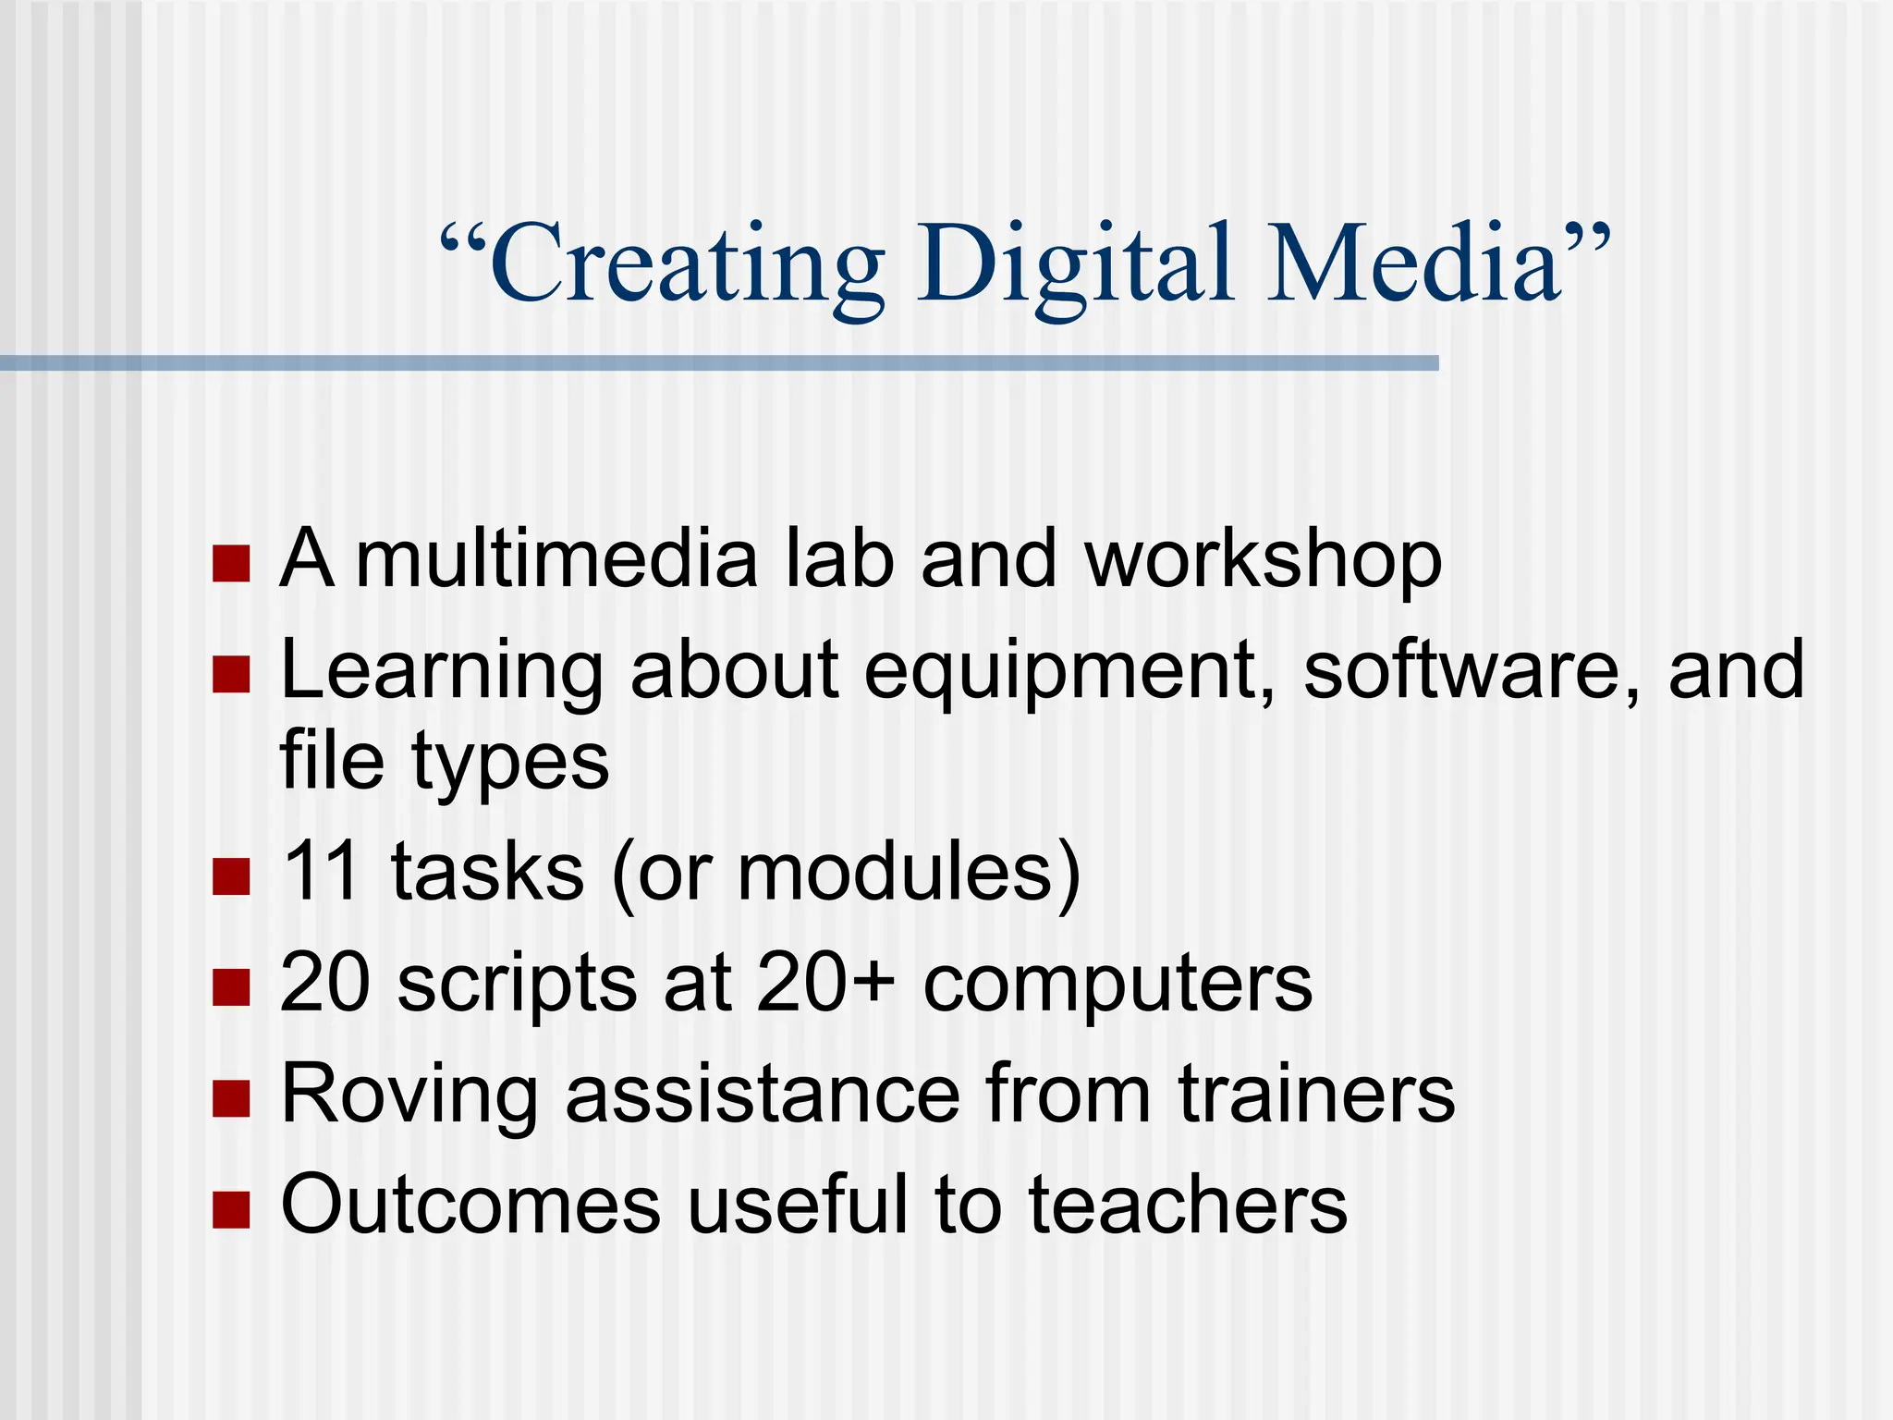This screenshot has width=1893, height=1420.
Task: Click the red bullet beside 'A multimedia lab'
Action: pyautogui.click(x=231, y=563)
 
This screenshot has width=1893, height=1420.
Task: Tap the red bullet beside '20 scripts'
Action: pyautogui.click(x=231, y=986)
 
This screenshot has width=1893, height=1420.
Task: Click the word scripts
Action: pyautogui.click(x=518, y=984)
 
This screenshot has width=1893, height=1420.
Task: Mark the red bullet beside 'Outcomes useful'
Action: pyautogui.click(x=231, y=1208)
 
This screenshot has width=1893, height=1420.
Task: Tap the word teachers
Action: pyautogui.click(x=1188, y=1205)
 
